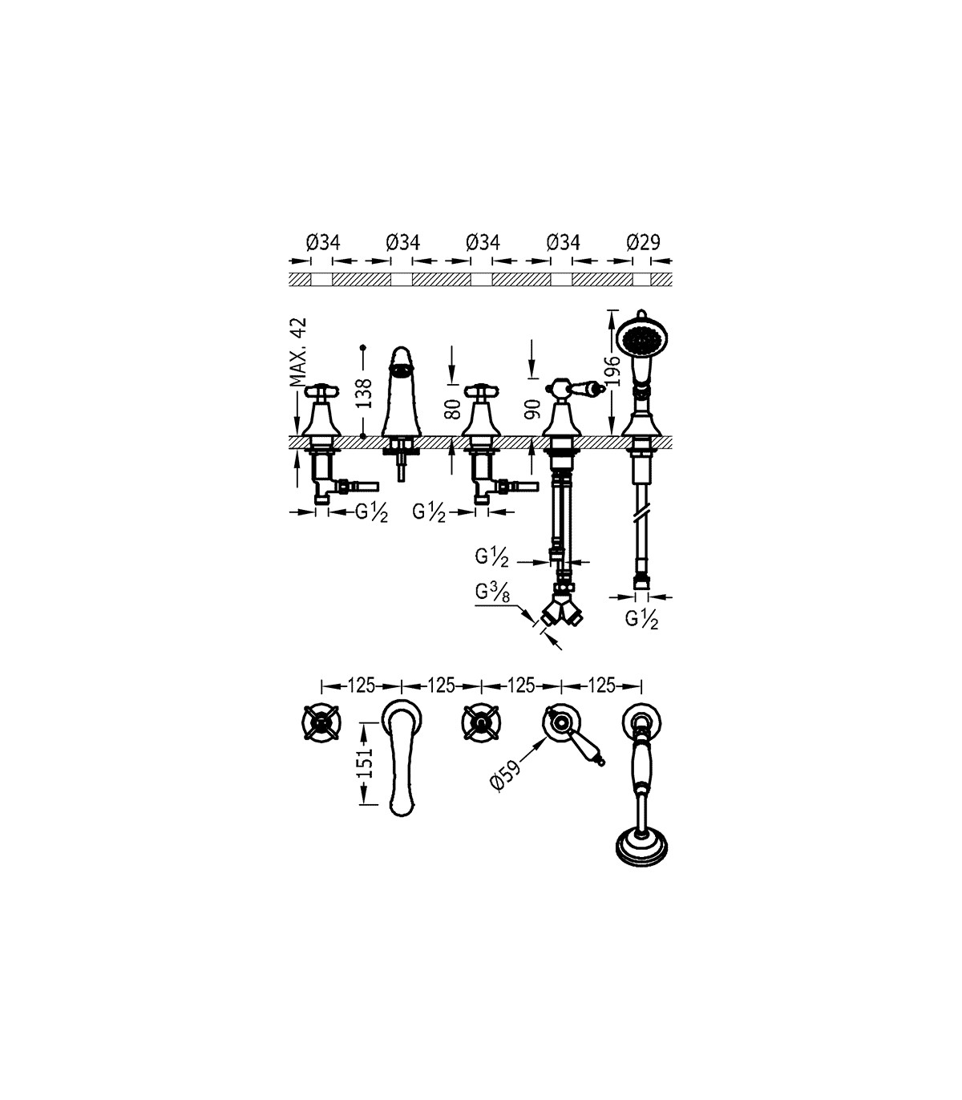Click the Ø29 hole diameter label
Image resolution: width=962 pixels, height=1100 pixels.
tap(643, 242)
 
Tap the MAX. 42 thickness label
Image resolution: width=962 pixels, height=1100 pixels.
tap(297, 352)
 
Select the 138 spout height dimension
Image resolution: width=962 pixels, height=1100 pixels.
tap(365, 393)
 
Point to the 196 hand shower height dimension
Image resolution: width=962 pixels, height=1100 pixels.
tap(612, 371)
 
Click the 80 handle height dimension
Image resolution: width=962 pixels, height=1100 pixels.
tap(452, 409)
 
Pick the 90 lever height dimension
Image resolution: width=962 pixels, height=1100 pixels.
tap(532, 409)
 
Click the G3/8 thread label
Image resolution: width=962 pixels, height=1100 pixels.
tap(491, 592)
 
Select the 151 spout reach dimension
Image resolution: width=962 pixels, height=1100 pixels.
tap(365, 763)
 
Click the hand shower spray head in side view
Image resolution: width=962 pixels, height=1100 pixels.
tap(643, 338)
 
